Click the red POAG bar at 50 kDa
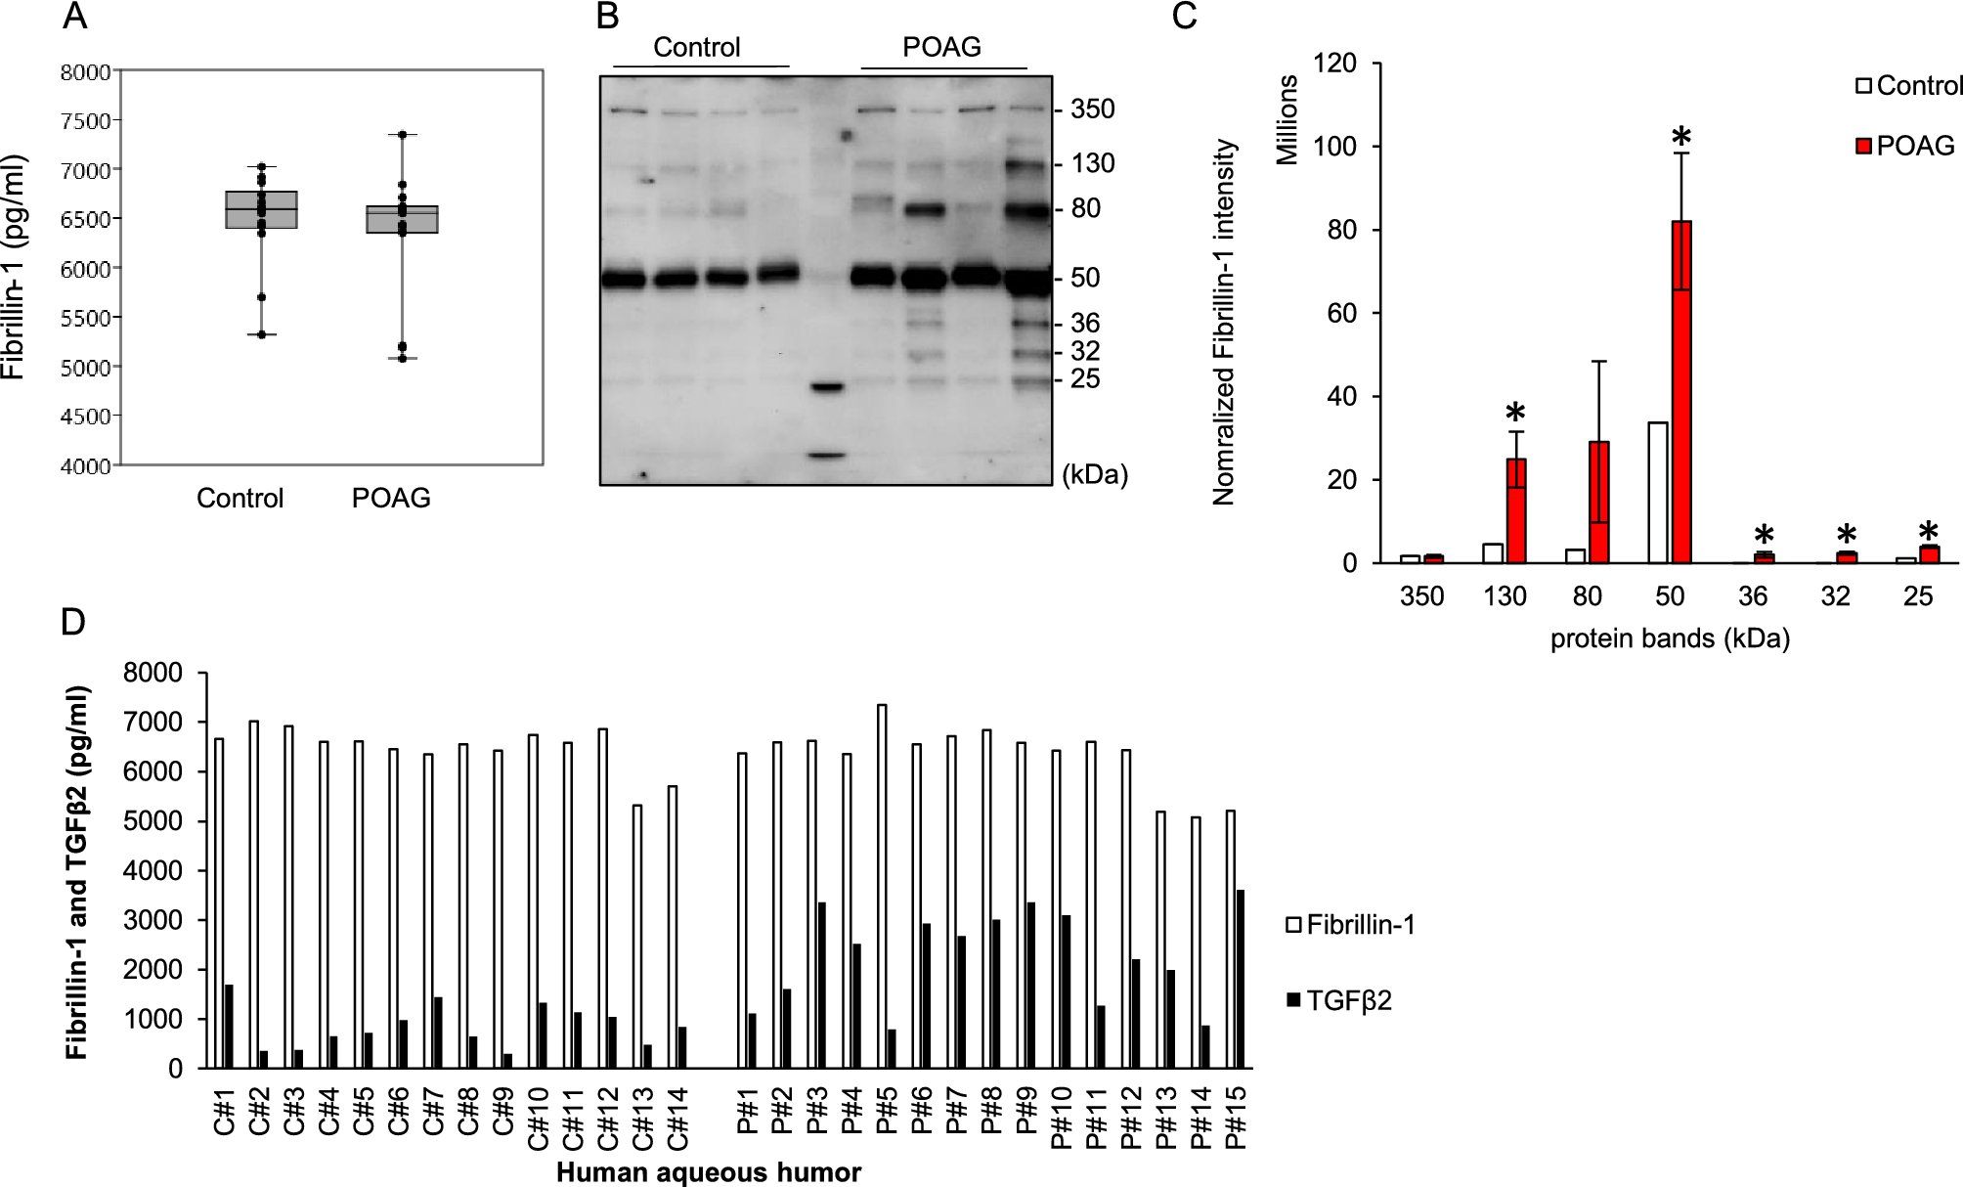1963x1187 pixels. coord(1681,391)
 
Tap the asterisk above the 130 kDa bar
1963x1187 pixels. coord(1515,413)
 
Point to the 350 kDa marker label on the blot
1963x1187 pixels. coord(1092,109)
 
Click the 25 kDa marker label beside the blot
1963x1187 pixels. coord(1085,378)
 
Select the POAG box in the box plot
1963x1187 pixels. coord(402,219)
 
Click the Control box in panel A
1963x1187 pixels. coord(261,209)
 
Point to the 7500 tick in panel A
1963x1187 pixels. coord(86,120)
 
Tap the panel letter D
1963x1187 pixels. coord(73,622)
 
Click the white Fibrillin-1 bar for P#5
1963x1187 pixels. coord(882,886)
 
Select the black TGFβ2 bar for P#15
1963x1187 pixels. coord(1241,979)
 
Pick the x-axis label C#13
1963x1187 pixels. coord(642,1119)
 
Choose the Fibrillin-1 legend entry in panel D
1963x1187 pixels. coord(1350,924)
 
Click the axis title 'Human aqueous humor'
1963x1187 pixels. coord(709,1172)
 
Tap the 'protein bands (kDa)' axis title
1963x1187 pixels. coord(1670,638)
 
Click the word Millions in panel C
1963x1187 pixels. coord(1287,119)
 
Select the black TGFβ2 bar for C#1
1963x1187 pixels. coord(229,1026)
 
